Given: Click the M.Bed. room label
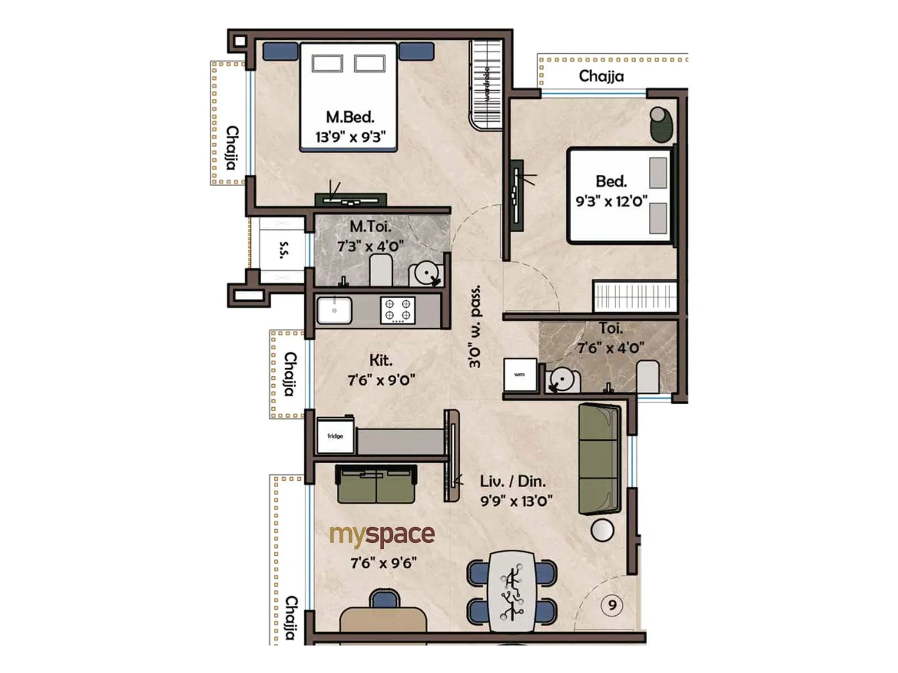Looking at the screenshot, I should (x=350, y=117).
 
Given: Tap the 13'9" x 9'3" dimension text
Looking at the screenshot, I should (x=350, y=137).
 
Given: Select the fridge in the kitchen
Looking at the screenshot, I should (x=335, y=436).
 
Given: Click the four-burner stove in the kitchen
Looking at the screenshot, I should (x=397, y=310).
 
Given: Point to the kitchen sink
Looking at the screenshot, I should (x=335, y=310).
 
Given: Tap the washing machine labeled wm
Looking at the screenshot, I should (x=520, y=374).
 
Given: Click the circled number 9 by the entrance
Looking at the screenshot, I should (x=612, y=605).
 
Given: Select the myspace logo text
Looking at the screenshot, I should (x=382, y=535).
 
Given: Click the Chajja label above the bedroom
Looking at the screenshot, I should (x=601, y=76).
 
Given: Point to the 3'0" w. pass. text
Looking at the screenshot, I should (x=475, y=326).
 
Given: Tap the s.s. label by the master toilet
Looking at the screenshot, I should (x=284, y=250).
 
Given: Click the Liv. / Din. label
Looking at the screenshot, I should (x=512, y=481).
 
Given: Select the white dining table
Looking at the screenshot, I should (x=511, y=591).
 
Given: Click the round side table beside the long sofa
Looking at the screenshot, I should (x=602, y=530).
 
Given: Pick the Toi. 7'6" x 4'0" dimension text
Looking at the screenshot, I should (x=611, y=348).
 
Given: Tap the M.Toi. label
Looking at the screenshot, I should (x=370, y=227).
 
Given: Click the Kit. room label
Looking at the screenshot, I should (x=381, y=360).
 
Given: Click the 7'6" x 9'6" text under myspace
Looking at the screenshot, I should (x=383, y=563).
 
